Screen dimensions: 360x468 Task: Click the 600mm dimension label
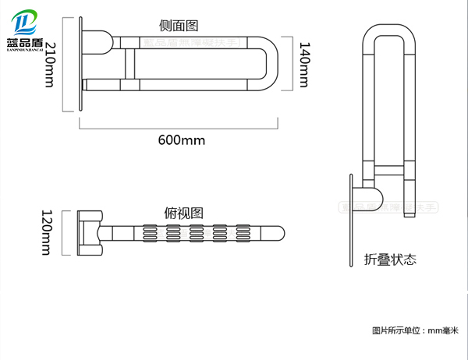coord(182,139)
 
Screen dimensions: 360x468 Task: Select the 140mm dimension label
coord(303,63)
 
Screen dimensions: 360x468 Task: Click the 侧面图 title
coord(179,25)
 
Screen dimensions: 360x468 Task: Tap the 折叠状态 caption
coord(389,259)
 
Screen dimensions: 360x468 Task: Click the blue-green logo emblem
coord(25,19)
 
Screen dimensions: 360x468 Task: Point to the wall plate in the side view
coord(80,65)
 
